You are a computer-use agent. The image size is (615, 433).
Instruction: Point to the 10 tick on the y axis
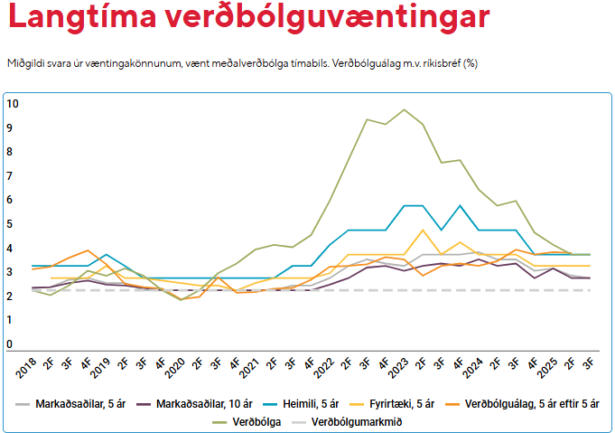coord(13,104)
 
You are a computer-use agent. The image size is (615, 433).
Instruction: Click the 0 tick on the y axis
coord(10,344)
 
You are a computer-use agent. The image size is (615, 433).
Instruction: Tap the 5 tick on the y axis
coord(10,224)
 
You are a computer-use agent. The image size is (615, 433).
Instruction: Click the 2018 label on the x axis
coord(26,365)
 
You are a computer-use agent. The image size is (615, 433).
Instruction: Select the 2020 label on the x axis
coord(178,365)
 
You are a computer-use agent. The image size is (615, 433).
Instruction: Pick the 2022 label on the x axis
coord(330,365)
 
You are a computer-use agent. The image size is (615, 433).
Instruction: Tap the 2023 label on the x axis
coord(405,365)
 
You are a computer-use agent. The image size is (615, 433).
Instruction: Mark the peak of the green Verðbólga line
coord(404,109)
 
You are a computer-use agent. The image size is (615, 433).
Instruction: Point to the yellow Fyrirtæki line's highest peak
coord(423,230)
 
